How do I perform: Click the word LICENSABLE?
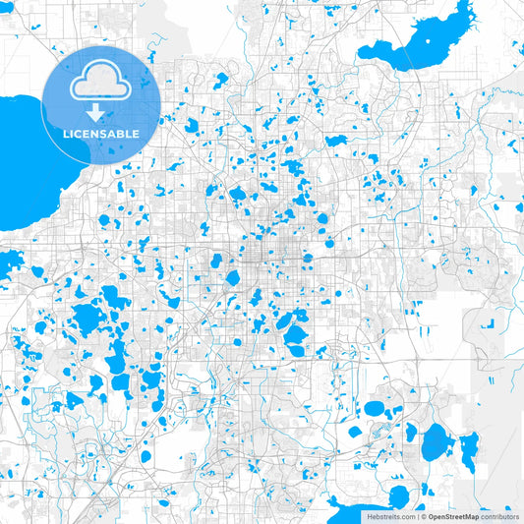pos(100,133)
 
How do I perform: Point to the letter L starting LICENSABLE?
pos(65,133)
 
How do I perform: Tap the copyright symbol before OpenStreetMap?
pos(424,516)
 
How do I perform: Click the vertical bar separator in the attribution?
pos(418,516)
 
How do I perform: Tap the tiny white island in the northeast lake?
pos(430,39)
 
